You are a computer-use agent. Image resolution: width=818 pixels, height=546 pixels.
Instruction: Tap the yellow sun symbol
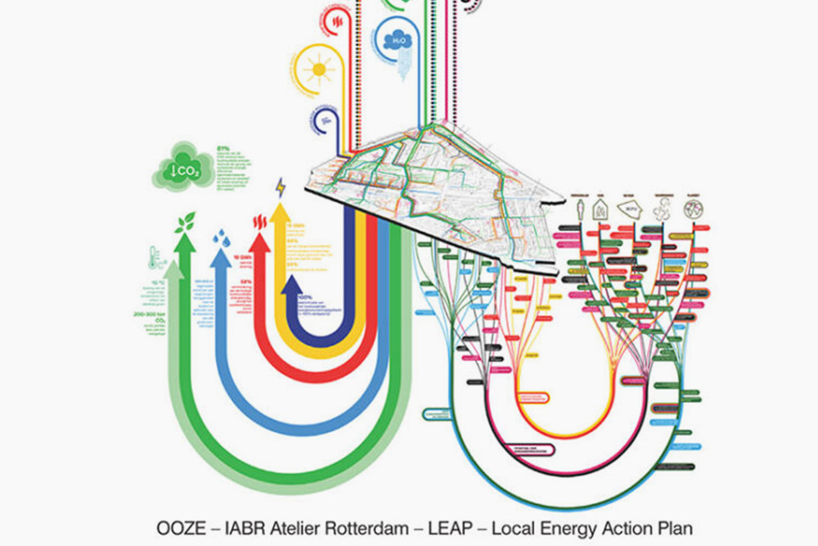[x=318, y=69]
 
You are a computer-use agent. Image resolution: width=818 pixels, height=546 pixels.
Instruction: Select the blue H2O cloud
[x=399, y=39]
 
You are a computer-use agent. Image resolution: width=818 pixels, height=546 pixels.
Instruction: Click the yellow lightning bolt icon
[x=281, y=187]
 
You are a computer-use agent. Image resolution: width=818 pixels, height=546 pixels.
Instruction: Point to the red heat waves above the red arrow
[x=260, y=221]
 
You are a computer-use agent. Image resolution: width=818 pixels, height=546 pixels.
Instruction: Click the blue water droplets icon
[x=221, y=237]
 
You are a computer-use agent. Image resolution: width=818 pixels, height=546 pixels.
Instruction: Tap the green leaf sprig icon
[x=186, y=221]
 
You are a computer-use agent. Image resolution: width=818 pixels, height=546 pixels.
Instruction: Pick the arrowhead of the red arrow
[x=260, y=241]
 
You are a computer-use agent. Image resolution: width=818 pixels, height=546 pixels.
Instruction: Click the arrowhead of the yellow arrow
[x=281, y=211]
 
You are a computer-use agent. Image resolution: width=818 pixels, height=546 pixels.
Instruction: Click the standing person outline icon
[x=578, y=207]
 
